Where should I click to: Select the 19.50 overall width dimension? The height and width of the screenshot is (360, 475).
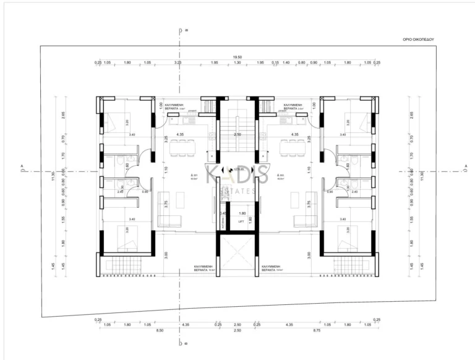click(237, 57)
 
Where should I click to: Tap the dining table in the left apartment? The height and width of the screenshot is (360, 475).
click(183, 147)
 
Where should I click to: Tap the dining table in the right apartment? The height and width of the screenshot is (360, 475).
click(294, 147)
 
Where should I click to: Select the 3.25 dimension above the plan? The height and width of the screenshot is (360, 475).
click(178, 63)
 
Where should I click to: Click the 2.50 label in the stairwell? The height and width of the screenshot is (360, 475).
click(237, 135)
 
